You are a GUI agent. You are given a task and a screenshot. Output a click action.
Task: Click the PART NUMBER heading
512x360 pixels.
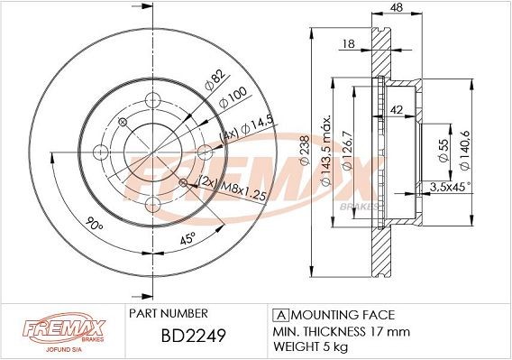coord(169,313)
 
